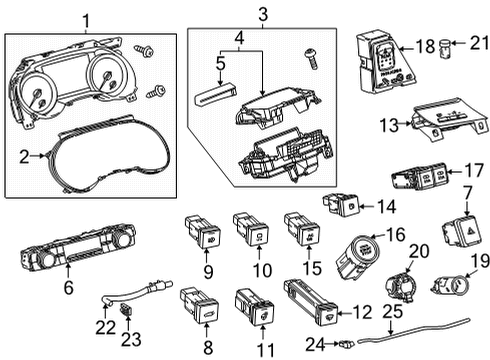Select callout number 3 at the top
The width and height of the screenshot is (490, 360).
(264, 13)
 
